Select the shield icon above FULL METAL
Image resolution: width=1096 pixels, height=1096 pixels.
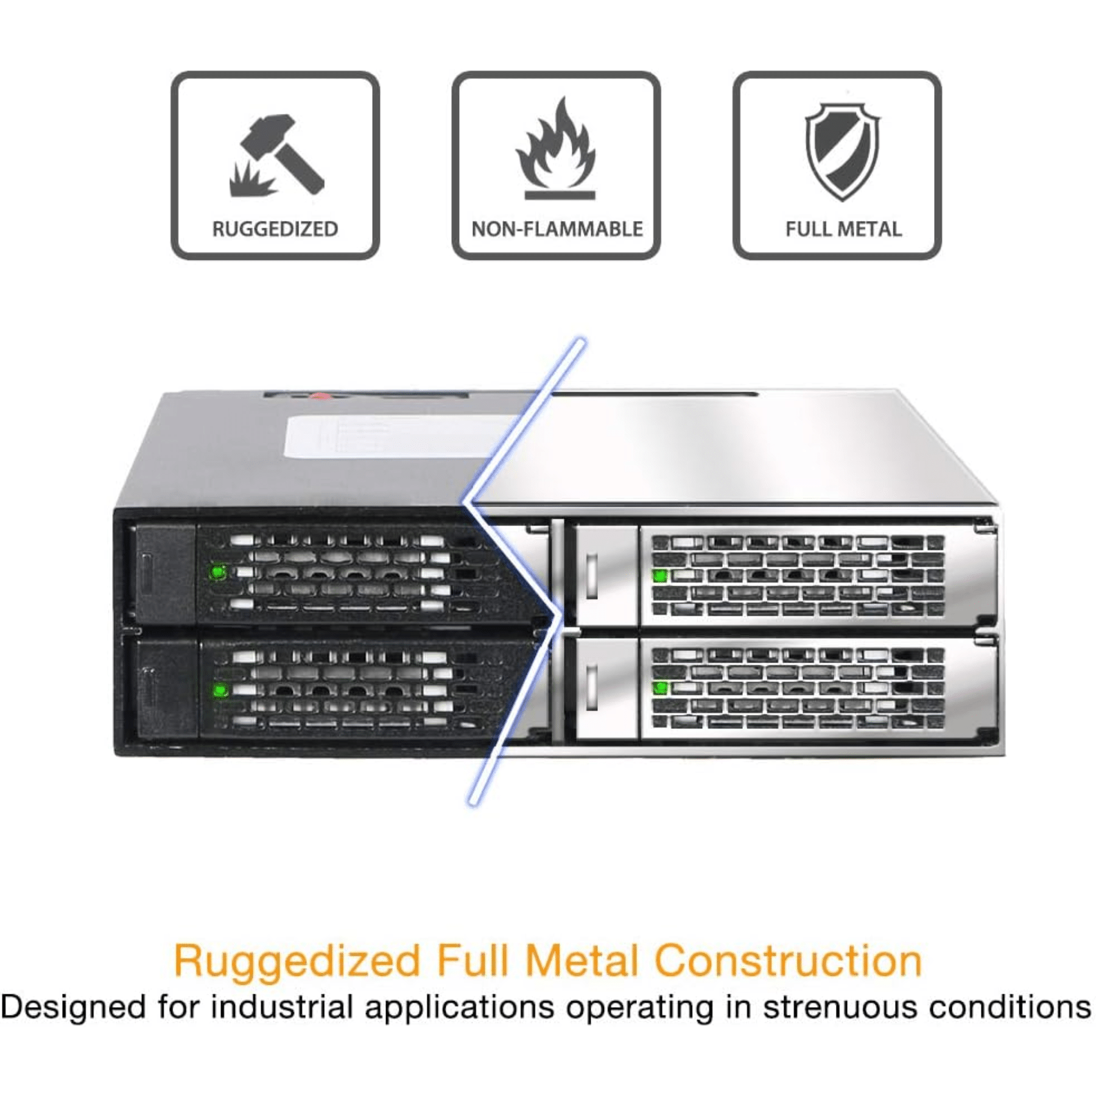pos(843,151)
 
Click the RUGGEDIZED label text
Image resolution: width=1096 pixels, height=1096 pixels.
pos(275,229)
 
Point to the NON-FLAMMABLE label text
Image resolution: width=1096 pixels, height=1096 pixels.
pos(557,229)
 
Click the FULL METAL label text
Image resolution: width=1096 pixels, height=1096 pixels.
pos(843,229)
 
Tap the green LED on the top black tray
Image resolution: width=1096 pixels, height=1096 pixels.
pos(217,572)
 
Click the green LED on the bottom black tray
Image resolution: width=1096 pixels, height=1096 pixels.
pos(220,690)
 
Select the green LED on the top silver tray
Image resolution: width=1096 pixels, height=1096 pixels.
pos(660,575)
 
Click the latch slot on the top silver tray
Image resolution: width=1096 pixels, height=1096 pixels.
pos(591,576)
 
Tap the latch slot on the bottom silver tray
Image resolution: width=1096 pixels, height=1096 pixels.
pos(591,687)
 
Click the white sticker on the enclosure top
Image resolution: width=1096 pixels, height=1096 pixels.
pos(396,436)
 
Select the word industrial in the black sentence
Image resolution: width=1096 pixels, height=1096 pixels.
pos(282,1007)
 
